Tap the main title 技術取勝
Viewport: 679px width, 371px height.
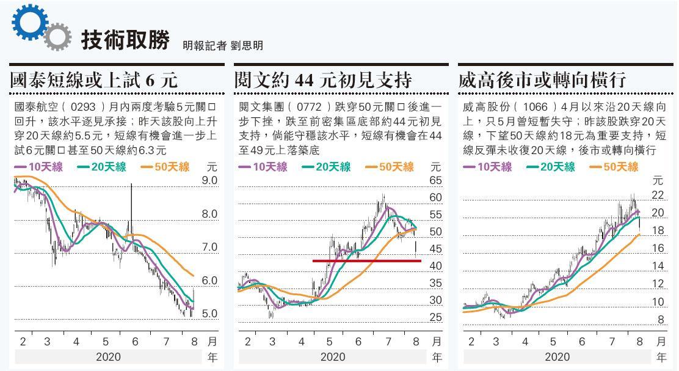point(125,40)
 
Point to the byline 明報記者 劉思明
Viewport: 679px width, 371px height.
point(222,45)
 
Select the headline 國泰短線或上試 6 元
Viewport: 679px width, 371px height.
point(94,79)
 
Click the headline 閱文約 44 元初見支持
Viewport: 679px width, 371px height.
point(323,79)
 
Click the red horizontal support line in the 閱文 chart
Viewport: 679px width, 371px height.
point(366,261)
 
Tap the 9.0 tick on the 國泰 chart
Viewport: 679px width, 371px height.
point(209,180)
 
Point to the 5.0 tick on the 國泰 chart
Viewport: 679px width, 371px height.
point(209,314)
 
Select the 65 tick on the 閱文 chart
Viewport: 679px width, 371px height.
point(435,180)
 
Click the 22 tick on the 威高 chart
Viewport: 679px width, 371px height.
point(658,194)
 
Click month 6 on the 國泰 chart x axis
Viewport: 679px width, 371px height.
point(135,341)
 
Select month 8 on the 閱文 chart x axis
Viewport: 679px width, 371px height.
point(416,341)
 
